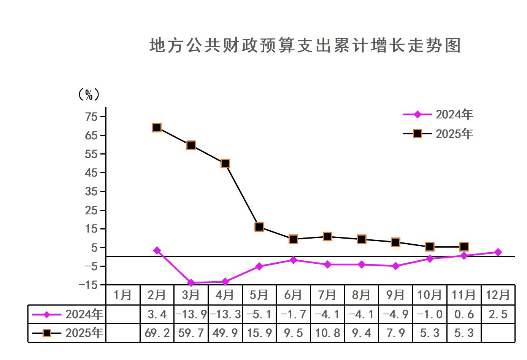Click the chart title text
pos(305,45)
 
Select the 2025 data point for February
pos(157,127)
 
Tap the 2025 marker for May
pos(259,227)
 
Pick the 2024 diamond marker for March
pos(191,283)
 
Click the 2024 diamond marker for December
pos(498,252)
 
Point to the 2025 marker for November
pos(464,247)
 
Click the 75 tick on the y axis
pos(92,116)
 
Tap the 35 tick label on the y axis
pos(92,191)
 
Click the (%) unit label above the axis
pos(89,94)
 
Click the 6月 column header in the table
pos(293,295)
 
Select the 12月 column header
pos(498,295)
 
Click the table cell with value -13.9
pos(191,314)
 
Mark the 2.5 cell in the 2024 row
pos(498,314)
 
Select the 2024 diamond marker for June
pos(293,260)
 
